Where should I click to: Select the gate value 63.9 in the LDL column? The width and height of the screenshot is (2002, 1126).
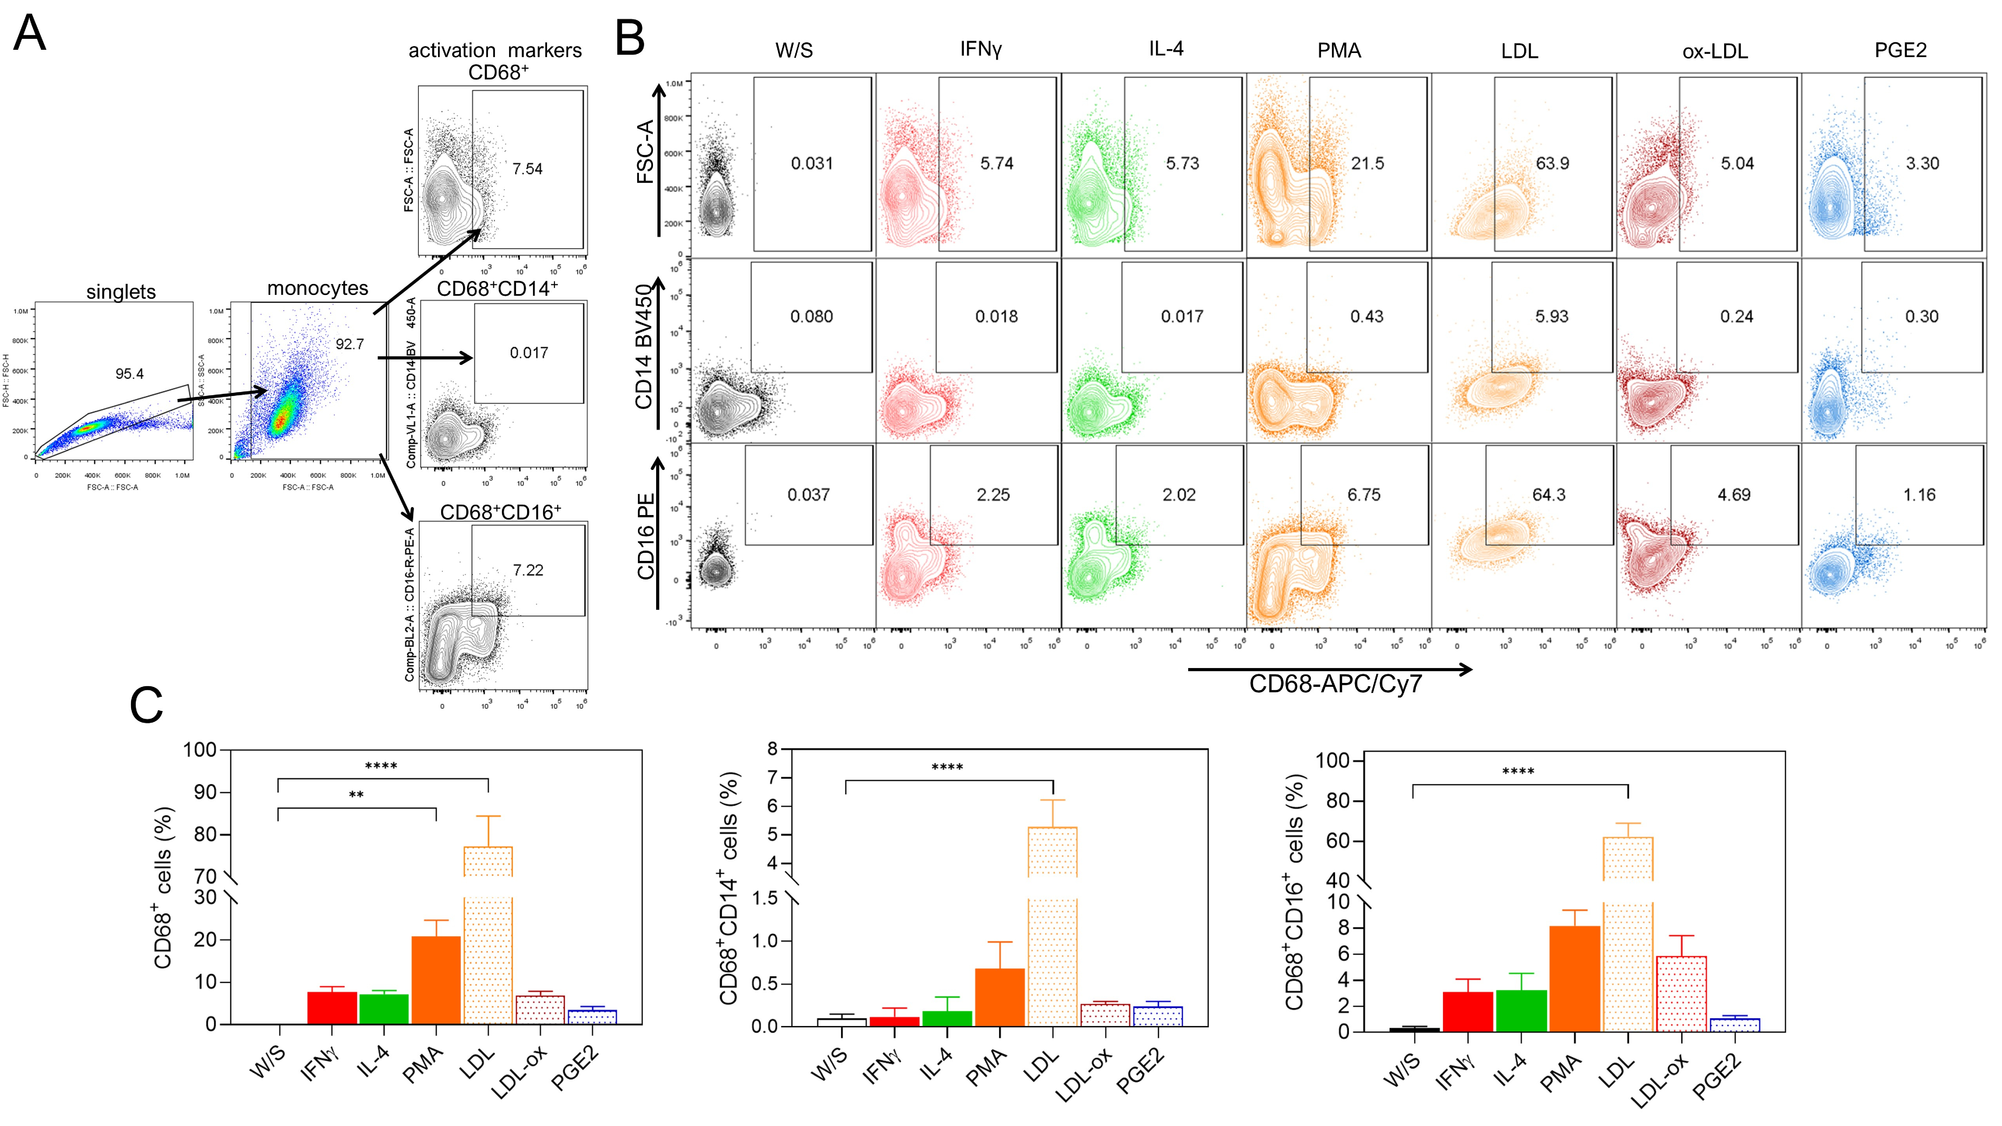(x=1552, y=163)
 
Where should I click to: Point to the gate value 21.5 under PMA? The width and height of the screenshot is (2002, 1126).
(x=1367, y=163)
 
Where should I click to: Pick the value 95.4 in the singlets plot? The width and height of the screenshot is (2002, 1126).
(x=129, y=374)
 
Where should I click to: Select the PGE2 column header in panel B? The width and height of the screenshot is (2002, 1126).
(x=1900, y=51)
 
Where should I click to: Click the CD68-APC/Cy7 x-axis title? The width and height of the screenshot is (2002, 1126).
(x=1335, y=684)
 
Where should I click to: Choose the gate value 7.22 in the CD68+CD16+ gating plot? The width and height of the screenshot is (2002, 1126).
(x=528, y=570)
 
